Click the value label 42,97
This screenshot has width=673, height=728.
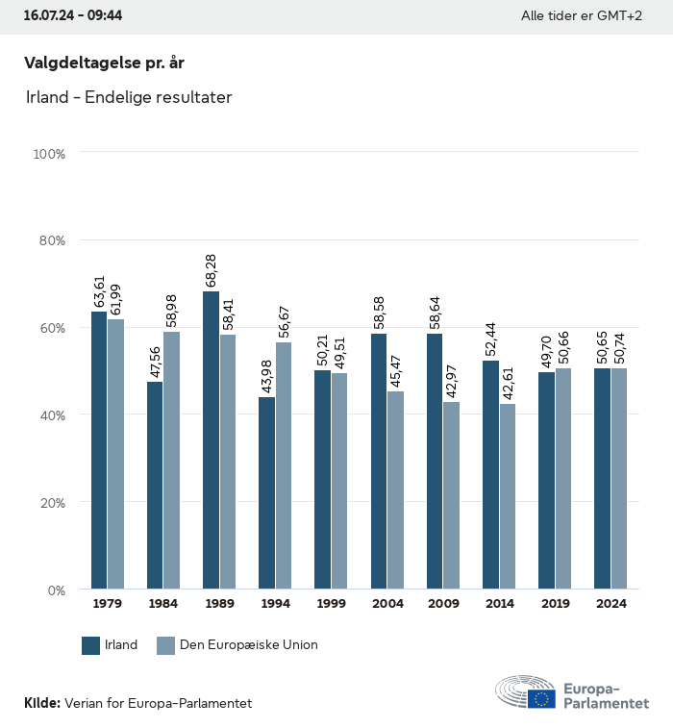pyautogui.click(x=451, y=381)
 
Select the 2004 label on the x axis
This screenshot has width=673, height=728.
pyautogui.click(x=387, y=604)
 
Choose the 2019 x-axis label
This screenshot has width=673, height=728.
pyautogui.click(x=555, y=604)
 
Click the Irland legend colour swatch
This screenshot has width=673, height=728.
pyautogui.click(x=91, y=645)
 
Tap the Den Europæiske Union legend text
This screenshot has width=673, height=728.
pyautogui.click(x=248, y=645)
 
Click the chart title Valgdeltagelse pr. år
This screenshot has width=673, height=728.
pyautogui.click(x=104, y=63)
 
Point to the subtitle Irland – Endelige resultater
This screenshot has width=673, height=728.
pyautogui.click(x=129, y=97)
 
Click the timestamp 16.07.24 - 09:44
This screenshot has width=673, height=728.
pyautogui.click(x=72, y=16)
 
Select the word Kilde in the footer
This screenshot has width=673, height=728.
pyautogui.click(x=41, y=703)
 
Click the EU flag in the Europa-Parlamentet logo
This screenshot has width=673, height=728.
pyautogui.click(x=541, y=698)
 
